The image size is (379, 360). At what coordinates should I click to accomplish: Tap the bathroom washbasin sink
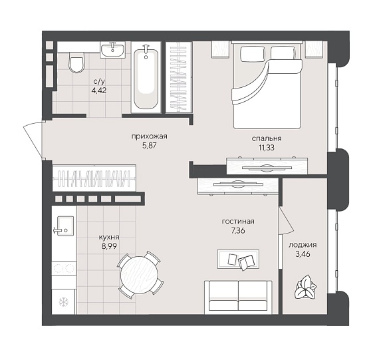(112, 50)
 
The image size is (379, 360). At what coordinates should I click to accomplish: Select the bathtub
(146, 79)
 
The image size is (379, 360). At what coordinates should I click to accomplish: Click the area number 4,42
(100, 90)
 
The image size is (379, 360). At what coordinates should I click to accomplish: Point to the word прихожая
(149, 136)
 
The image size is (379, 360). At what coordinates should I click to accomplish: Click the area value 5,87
(150, 146)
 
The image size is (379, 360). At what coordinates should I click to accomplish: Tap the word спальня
(267, 138)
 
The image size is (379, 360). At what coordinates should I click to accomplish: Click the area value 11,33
(267, 148)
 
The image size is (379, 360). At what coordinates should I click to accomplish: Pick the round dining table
(139, 275)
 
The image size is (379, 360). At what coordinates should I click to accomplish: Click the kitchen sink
(64, 226)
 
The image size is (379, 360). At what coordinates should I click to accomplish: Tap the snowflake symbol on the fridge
(64, 301)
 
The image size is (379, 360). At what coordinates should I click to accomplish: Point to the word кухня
(109, 238)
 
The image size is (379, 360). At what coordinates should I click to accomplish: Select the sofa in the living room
(238, 297)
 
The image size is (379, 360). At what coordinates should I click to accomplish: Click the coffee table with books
(238, 260)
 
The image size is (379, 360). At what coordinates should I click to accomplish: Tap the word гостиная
(238, 222)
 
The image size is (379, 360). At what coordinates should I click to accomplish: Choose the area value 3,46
(303, 254)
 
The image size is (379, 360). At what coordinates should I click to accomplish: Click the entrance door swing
(33, 140)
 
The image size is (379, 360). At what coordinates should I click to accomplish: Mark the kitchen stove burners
(64, 268)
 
